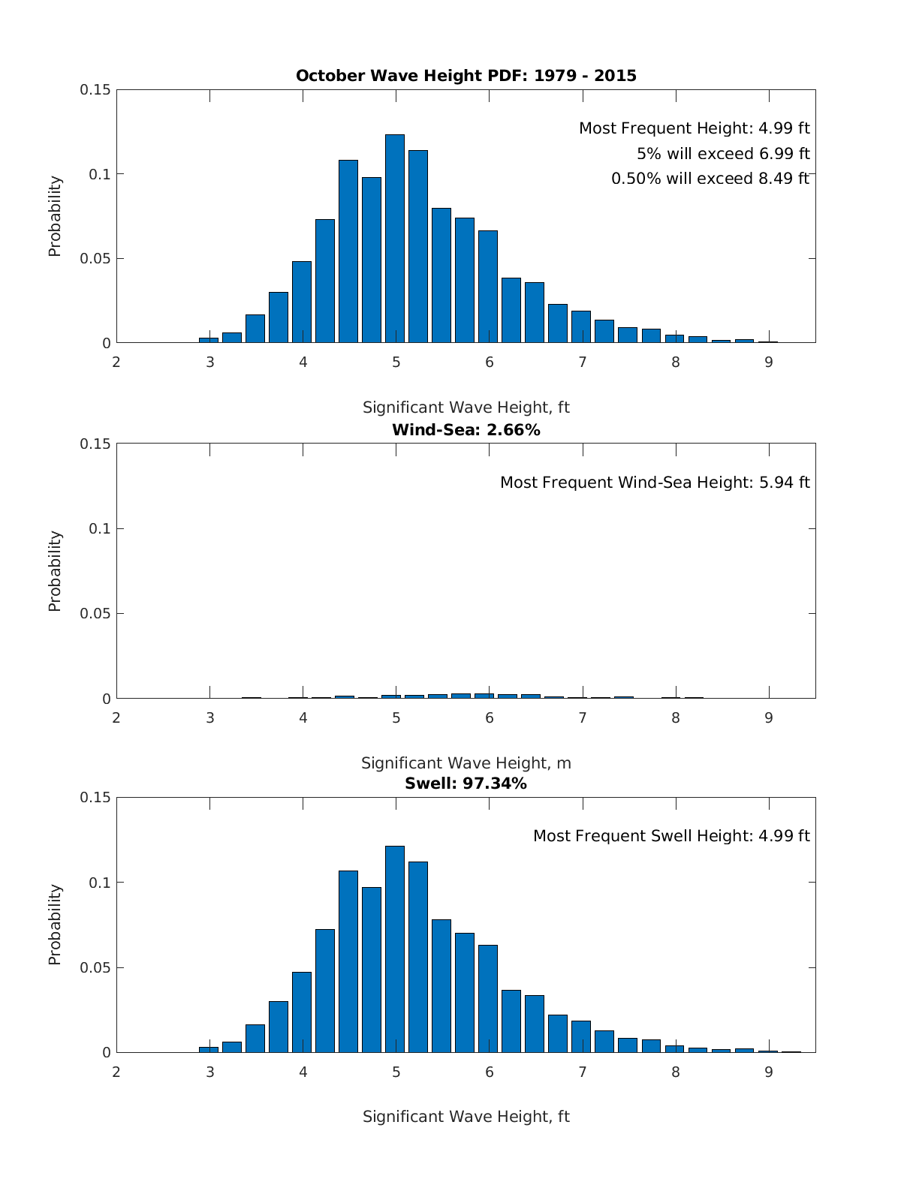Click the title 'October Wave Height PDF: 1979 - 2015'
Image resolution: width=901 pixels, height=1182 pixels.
point(466,76)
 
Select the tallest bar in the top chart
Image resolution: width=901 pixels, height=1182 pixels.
point(395,239)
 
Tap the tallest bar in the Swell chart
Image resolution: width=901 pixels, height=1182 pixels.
point(395,949)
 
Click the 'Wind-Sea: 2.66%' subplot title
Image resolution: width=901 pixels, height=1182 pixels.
point(466,430)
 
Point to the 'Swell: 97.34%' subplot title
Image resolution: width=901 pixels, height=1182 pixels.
point(466,783)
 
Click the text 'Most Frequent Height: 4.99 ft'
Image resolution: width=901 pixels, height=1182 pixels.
point(694,128)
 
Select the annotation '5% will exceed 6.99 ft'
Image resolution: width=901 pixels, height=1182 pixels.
point(723,154)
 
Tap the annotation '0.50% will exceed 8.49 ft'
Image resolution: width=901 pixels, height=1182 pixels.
point(710,179)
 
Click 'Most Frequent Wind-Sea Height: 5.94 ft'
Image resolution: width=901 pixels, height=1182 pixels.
point(655,483)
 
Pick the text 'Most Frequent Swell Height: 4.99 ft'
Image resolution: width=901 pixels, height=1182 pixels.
point(671,836)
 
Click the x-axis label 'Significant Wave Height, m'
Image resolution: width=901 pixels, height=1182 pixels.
point(466,763)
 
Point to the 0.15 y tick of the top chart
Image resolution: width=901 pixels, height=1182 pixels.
point(95,90)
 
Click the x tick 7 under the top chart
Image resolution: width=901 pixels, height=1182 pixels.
point(582,362)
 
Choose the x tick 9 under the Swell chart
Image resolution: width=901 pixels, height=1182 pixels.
point(769,1072)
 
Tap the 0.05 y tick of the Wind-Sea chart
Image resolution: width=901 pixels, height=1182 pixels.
point(95,614)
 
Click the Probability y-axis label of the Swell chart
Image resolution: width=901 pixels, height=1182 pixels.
point(55,925)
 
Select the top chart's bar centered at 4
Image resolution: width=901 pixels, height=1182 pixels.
point(302,302)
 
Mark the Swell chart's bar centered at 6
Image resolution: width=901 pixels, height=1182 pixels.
point(488,999)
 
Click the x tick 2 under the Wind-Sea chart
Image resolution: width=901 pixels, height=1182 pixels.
point(116,718)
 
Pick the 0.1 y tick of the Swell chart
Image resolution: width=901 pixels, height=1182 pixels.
point(99,883)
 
